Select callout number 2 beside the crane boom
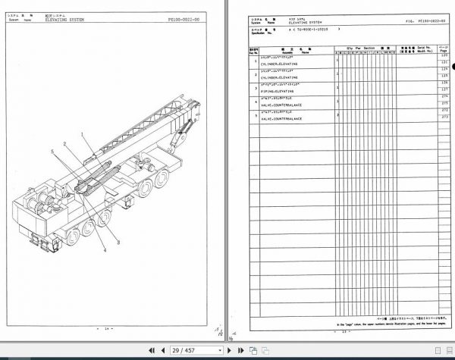[x=77, y=143]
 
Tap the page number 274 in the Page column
[x=444, y=97]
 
